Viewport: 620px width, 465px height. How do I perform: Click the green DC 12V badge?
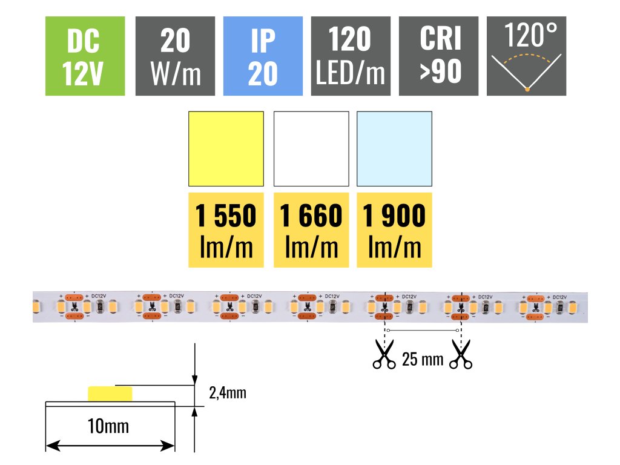(85, 56)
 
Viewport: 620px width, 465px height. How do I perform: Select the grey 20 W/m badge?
(176, 56)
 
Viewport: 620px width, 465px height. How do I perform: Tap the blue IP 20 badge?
(263, 56)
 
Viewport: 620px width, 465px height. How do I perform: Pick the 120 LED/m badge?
(351, 56)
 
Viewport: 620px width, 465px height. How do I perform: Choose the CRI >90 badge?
(439, 56)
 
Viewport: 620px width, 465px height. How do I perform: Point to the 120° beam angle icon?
(527, 56)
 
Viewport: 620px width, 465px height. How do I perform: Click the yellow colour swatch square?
(226, 149)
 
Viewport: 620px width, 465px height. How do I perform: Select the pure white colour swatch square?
(311, 149)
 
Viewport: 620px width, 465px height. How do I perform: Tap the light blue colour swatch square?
(395, 149)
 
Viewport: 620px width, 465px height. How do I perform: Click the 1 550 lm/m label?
(226, 230)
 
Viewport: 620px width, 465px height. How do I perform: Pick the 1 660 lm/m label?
(311, 230)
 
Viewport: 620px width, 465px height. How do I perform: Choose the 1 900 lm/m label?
(395, 230)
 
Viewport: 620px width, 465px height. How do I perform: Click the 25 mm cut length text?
(422, 360)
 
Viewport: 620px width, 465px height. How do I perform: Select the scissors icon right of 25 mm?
(461, 355)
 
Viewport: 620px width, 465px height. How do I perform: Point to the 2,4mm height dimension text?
(227, 393)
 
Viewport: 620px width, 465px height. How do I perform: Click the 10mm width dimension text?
(110, 426)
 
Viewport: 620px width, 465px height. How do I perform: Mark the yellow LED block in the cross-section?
(110, 394)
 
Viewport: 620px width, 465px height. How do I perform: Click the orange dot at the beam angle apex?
(527, 90)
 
